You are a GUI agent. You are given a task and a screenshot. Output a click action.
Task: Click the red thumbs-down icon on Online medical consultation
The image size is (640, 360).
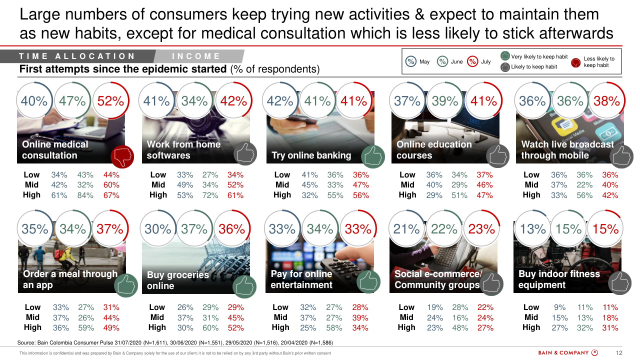coord(120,156)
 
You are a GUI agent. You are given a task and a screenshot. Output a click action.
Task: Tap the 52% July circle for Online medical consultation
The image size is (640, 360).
coord(110,101)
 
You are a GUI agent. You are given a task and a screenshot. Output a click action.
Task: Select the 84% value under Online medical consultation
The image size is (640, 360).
coord(85,195)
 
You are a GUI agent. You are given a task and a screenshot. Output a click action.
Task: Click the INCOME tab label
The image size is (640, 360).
coord(196,56)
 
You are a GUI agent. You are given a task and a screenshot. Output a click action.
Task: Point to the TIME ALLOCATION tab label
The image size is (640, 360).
coord(77,56)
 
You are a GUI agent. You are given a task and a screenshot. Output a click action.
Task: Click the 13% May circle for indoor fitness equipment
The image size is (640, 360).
coord(533,229)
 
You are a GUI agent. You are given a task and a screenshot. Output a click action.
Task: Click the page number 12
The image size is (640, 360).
coord(619,353)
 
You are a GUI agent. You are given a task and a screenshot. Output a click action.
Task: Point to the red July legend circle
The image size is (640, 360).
coord(472,61)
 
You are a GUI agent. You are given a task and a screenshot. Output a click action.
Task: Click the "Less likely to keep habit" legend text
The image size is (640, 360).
coord(599,62)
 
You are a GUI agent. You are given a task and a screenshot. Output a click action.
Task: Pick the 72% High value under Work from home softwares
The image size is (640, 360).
coord(210,195)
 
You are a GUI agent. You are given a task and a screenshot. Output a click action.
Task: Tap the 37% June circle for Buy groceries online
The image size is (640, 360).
coord(194,229)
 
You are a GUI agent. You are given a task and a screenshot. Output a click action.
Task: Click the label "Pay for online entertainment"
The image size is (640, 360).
coord(301,279)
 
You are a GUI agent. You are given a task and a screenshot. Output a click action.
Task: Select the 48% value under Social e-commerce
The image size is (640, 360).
coord(459,327)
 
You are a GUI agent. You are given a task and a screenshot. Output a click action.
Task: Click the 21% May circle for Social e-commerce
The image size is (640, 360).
coord(406,229)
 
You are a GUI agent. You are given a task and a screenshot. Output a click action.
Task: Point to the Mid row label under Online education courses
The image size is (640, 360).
coord(407,185)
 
